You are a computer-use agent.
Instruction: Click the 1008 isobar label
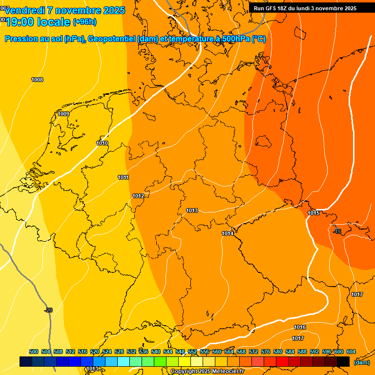[37, 80]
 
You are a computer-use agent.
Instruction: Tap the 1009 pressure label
[63, 114]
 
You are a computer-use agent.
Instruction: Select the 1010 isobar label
[102, 143]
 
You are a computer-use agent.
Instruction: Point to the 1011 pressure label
[123, 177]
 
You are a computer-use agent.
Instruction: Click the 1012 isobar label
[138, 196]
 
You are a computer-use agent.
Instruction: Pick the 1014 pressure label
[228, 233]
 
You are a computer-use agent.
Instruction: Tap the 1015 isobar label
[313, 213]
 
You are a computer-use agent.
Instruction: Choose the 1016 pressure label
[300, 327]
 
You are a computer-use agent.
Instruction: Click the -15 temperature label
[337, 231]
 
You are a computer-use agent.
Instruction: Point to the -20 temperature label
[48, 310]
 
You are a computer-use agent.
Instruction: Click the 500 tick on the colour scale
[34, 352]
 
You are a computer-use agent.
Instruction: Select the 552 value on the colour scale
[192, 352]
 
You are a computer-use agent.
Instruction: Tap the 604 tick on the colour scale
[351, 352]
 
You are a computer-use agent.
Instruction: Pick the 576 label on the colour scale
[266, 352]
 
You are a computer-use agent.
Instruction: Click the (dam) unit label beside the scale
[361, 362]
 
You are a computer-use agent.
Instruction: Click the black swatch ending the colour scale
[343, 362]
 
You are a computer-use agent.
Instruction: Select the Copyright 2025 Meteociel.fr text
[208, 372]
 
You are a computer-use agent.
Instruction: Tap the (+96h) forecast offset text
[84, 22]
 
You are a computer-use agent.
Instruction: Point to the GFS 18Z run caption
[305, 8]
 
